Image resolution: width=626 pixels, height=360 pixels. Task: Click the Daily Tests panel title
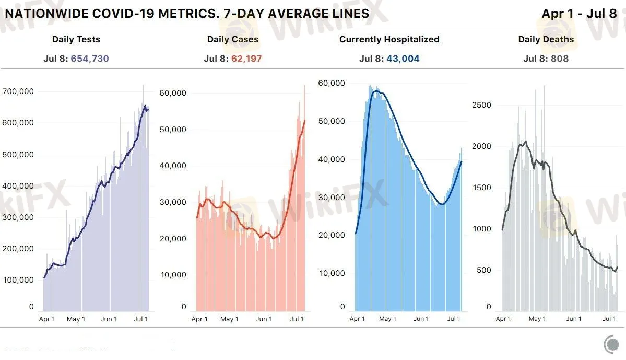(x=76, y=39)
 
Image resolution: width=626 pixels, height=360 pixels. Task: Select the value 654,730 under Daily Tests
(x=90, y=59)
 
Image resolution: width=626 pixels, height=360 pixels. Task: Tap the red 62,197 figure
(x=246, y=59)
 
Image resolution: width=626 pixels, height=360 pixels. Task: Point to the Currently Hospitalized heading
(x=389, y=39)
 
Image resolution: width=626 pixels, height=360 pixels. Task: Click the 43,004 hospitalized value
(x=403, y=59)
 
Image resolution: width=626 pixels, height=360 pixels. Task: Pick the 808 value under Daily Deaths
(x=559, y=59)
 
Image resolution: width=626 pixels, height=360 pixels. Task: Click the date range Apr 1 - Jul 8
(x=580, y=14)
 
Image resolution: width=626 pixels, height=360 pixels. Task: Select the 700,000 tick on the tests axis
(x=18, y=91)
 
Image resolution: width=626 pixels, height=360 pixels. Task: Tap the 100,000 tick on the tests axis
(x=18, y=280)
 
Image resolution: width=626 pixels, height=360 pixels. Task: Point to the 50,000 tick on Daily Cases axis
(x=173, y=130)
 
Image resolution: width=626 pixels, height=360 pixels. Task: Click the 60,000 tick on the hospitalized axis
(x=332, y=83)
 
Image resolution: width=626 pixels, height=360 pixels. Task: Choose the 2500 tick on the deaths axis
(x=481, y=105)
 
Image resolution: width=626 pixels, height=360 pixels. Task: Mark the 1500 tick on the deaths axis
(x=481, y=188)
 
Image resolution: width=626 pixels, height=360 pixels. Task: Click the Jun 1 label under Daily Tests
(x=109, y=319)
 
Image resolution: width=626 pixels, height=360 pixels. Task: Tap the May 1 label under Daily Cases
(x=229, y=319)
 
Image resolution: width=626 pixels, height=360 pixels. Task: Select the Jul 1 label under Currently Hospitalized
(x=454, y=318)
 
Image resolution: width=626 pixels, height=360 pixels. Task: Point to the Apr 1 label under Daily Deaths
(x=503, y=318)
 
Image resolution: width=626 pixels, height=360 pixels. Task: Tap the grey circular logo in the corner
(x=611, y=344)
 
